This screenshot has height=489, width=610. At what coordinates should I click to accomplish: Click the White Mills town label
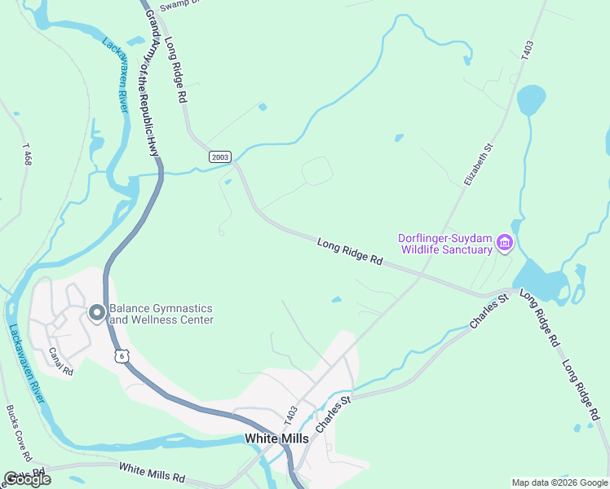pyautogui.click(x=277, y=438)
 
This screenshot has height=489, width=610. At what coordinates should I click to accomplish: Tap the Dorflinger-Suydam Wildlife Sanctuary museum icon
pyautogui.click(x=504, y=243)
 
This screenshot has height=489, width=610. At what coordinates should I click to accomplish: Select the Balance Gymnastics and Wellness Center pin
pyautogui.click(x=96, y=313)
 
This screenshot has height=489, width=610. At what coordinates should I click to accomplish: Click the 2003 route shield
pyautogui.click(x=220, y=156)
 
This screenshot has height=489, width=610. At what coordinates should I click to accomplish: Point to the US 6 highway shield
pyautogui.click(x=122, y=356)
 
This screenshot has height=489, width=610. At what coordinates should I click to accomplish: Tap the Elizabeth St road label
pyautogui.click(x=479, y=165)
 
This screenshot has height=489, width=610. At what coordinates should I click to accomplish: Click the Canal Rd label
pyautogui.click(x=61, y=362)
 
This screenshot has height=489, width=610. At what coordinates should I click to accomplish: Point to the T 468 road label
pyautogui.click(x=27, y=154)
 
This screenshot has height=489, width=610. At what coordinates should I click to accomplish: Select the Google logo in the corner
pyautogui.click(x=27, y=479)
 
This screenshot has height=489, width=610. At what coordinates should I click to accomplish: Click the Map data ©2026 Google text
pyautogui.click(x=559, y=482)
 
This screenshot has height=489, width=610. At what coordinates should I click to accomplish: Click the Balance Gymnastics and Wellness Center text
pyautogui.click(x=161, y=314)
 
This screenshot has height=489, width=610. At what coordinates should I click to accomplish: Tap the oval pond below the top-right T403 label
pyautogui.click(x=531, y=100)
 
